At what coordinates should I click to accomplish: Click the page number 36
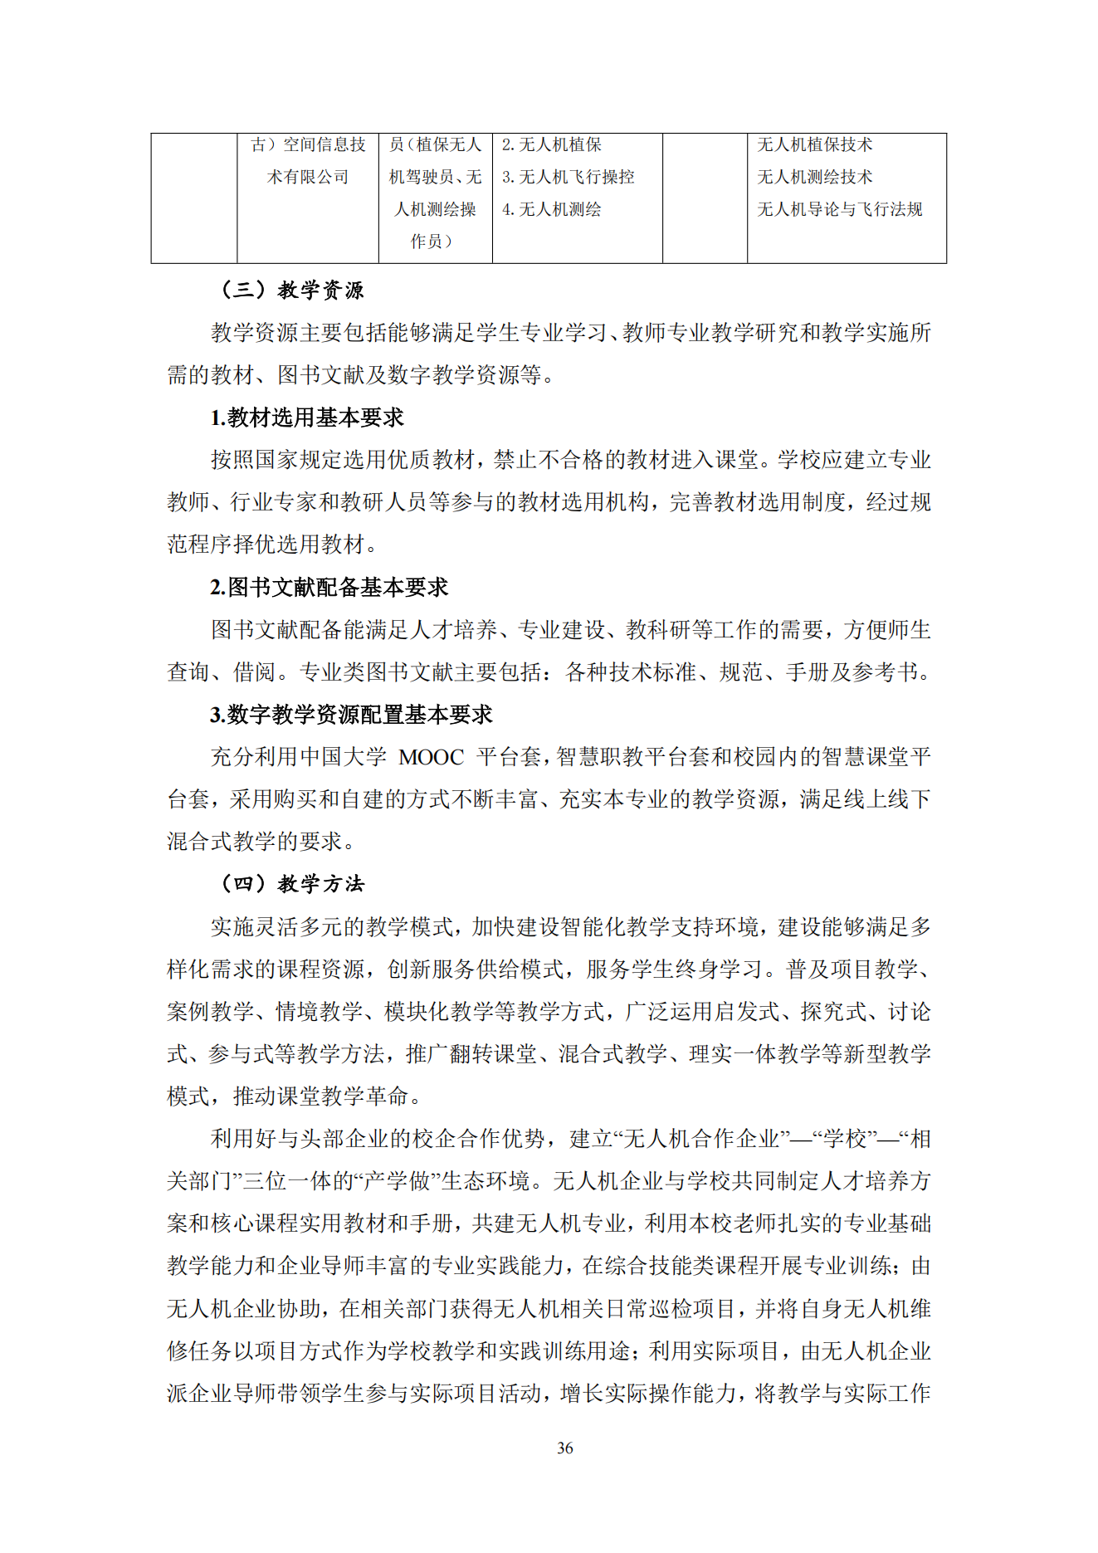564,1448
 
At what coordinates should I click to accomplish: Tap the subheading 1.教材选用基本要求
307,418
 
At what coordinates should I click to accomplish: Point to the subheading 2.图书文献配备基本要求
329,588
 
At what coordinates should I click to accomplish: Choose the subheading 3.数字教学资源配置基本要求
351,715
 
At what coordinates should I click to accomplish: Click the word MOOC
431,757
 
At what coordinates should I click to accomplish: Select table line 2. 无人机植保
552,144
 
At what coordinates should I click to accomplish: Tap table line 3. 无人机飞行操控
569,177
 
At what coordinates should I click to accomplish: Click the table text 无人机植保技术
814,144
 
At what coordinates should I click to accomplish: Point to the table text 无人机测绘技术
814,177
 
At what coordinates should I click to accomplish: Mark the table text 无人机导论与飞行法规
839,209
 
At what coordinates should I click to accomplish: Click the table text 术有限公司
308,177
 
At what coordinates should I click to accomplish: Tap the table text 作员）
432,242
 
